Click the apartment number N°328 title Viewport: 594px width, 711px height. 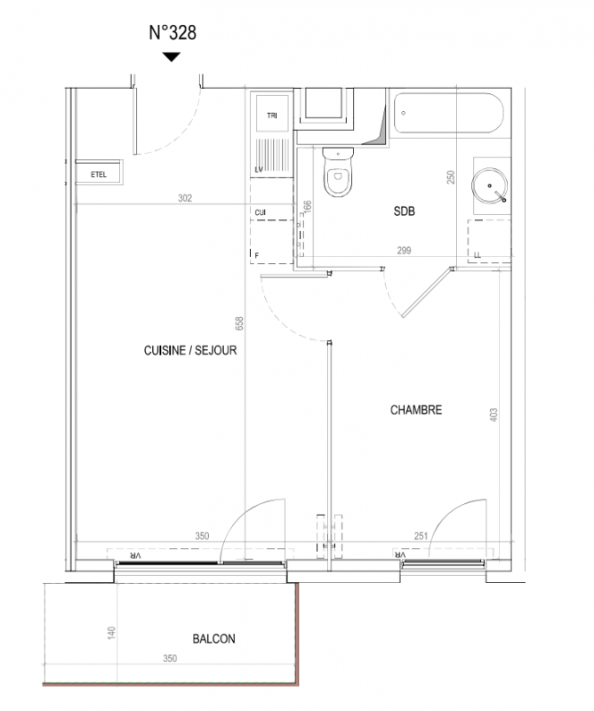point(173,33)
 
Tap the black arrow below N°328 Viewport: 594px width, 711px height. point(172,57)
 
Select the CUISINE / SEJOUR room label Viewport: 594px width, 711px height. point(190,350)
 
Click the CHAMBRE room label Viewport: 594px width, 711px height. point(415,410)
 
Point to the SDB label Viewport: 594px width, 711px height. point(404,212)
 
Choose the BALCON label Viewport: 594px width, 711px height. point(213,639)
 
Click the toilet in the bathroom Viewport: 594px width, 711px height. point(338,172)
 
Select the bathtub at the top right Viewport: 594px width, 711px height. point(448,113)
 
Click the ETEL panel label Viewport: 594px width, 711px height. point(99,174)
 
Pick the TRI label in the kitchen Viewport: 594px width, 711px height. point(272,116)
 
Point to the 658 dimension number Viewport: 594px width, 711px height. point(239,324)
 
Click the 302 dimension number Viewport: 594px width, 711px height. point(185,198)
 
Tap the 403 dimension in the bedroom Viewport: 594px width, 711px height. point(494,414)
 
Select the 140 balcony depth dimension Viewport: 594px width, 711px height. point(112,633)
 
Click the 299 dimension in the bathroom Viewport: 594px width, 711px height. point(404,251)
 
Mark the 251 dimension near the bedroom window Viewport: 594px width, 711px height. point(421,536)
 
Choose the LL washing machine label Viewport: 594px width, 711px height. point(477,256)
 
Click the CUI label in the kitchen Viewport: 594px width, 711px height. point(260,212)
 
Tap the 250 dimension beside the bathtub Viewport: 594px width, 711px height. point(450,177)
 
